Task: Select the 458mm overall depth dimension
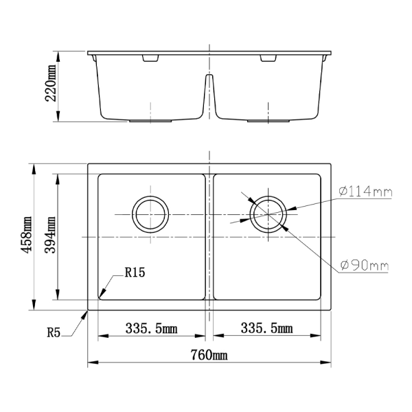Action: [x=27, y=236]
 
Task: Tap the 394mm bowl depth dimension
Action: [x=51, y=236]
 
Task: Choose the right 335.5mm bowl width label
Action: [x=266, y=329]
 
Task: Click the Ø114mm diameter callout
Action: [x=365, y=192]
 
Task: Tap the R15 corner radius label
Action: [x=135, y=273]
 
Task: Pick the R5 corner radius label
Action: [x=55, y=333]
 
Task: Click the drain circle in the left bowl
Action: [x=150, y=214]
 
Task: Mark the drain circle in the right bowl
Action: [x=267, y=214]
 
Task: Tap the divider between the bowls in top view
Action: [x=209, y=236]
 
